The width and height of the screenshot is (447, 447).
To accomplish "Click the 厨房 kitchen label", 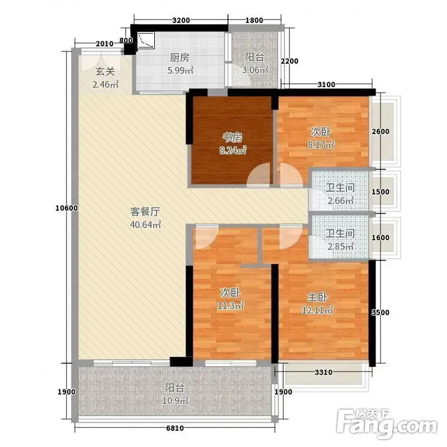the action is [x=179, y=58].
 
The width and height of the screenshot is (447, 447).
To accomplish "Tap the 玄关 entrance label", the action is [x=105, y=72].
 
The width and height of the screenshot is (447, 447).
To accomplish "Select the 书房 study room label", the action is [x=232, y=137].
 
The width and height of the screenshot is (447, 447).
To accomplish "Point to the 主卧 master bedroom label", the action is [x=317, y=297].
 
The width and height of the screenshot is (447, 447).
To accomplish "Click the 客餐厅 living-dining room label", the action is [x=145, y=212].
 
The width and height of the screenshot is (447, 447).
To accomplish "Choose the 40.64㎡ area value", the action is [x=145, y=225].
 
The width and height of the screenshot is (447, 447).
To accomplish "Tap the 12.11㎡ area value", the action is [x=317, y=310].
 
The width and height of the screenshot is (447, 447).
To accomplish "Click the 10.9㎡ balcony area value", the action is [x=175, y=401].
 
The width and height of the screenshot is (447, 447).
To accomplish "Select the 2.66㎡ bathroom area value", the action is [x=341, y=201].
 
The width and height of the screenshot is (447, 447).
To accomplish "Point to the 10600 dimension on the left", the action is [x=66, y=208].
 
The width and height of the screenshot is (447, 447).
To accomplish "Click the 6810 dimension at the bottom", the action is [x=175, y=428].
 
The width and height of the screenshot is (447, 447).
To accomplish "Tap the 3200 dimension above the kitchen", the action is [x=181, y=20].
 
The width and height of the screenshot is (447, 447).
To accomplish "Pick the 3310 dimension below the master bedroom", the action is [x=324, y=372].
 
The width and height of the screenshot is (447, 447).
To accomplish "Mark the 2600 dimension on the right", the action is [x=381, y=131].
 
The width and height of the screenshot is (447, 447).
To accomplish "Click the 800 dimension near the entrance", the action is [x=126, y=40].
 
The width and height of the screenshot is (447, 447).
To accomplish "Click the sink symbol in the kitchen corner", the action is [x=146, y=40].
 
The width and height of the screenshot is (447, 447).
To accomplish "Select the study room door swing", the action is [x=258, y=175].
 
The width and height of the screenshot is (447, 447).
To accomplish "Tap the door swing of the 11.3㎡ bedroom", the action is [x=206, y=236].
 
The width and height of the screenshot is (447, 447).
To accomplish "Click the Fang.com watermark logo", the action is [x=387, y=424].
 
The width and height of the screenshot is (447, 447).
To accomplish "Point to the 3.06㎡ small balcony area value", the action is [x=255, y=69].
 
